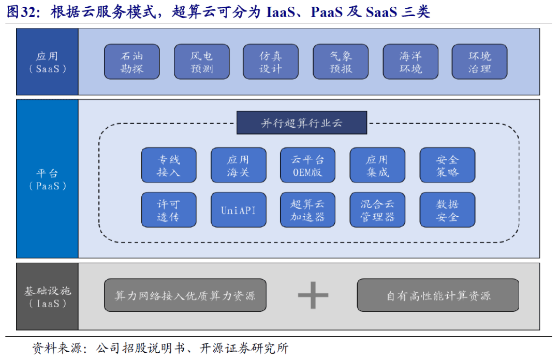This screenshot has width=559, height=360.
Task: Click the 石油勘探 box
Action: [132, 62]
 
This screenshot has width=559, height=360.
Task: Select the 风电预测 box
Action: [201, 62]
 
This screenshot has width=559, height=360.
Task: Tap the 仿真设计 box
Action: [271, 62]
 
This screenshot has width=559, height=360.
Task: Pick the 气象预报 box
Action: [341, 62]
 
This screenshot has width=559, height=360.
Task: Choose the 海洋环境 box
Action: [410, 62]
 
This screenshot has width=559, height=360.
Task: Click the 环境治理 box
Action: [479, 62]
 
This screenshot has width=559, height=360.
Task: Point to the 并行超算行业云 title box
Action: [302, 123]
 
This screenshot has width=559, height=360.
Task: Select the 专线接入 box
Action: [169, 166]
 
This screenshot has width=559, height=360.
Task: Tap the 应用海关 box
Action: [238, 166]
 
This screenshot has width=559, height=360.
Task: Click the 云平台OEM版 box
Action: [307, 166]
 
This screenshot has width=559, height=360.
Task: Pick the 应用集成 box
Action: [377, 166]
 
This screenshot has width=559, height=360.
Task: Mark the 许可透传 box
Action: [169, 210]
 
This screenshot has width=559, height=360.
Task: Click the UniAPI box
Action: [238, 210]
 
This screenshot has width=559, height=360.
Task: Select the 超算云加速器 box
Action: [307, 210]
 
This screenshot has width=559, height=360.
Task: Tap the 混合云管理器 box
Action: [377, 210]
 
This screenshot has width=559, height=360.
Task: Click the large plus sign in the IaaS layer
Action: [313, 295]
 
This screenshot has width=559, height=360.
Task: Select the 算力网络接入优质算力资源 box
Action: [185, 295]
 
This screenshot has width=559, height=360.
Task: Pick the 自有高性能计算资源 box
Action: [438, 295]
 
